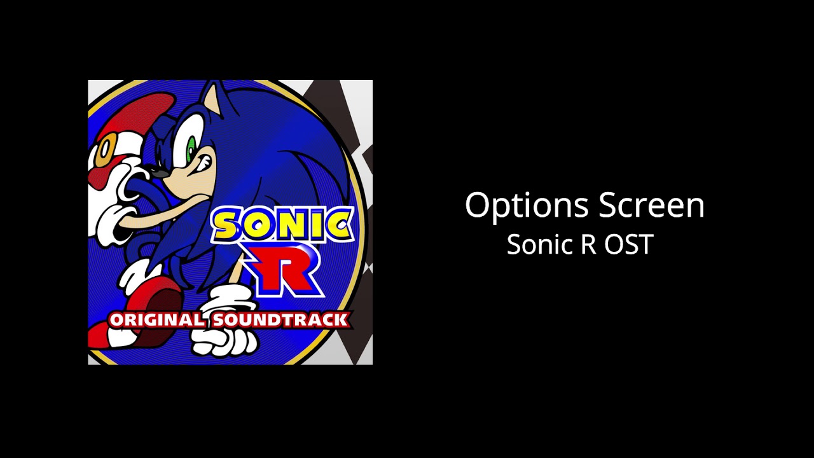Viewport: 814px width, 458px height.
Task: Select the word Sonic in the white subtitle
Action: pyautogui.click(x=534, y=244)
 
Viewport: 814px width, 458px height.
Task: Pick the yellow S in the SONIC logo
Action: pyautogui.click(x=227, y=226)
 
